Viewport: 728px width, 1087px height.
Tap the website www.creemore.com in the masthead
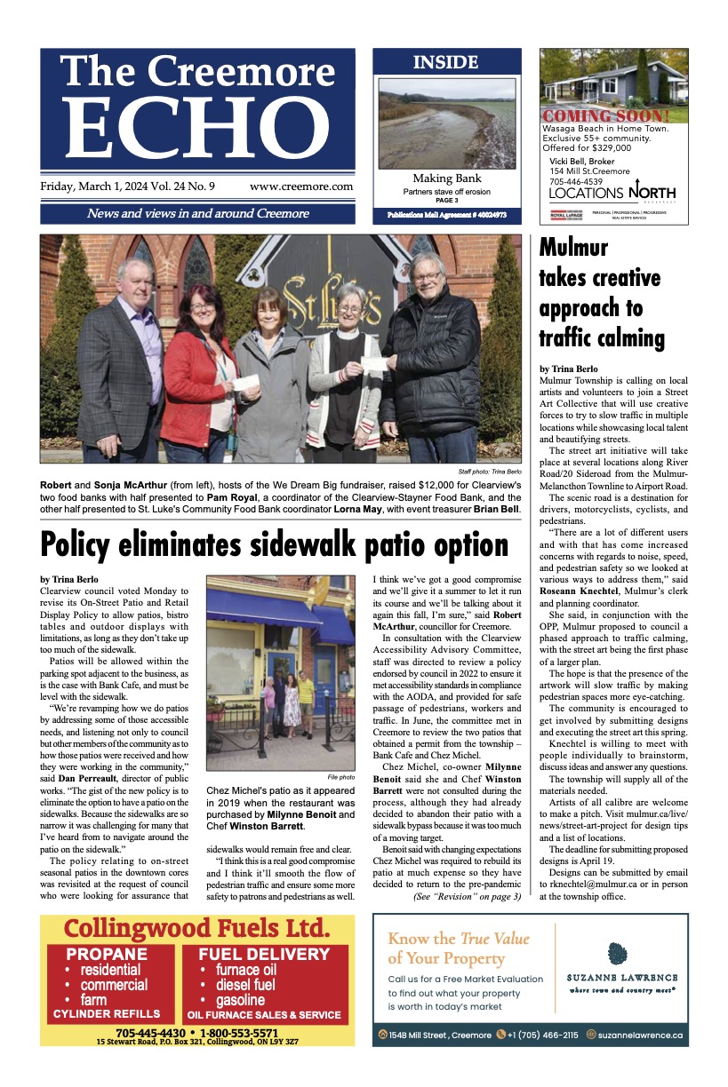click(x=301, y=187)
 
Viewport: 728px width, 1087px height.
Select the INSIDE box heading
click(x=445, y=63)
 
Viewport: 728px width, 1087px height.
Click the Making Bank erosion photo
click(x=446, y=123)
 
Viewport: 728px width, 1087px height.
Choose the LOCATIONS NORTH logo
click(x=612, y=193)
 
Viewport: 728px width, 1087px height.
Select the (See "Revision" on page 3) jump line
click(x=468, y=897)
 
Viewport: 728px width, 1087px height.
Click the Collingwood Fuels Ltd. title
click(x=196, y=930)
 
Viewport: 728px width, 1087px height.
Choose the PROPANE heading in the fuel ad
click(x=106, y=955)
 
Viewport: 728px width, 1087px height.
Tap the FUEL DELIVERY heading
click(x=264, y=955)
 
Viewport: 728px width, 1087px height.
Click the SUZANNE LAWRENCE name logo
click(x=622, y=977)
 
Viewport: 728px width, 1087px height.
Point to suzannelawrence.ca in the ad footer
click(x=640, y=1035)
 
